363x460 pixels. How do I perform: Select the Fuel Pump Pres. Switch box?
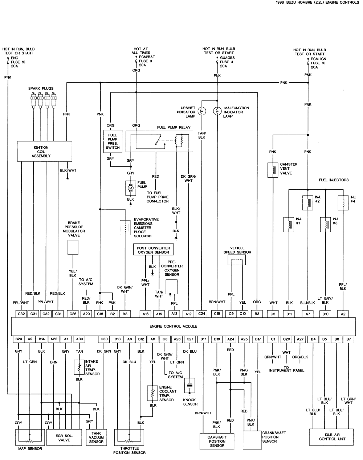tap(113, 141)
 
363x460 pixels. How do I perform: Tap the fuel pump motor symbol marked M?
tap(130, 188)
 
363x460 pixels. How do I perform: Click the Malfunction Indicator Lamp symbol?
tap(217, 111)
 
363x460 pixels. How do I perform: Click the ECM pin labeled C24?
tap(202, 313)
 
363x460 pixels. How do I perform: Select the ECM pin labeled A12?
tap(188, 313)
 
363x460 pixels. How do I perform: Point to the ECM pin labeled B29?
tap(19, 339)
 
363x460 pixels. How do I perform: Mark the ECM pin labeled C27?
tap(189, 339)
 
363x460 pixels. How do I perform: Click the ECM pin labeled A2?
tap(343, 313)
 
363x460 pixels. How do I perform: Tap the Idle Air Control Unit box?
tap(332, 437)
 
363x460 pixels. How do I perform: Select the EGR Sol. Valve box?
tap(64, 438)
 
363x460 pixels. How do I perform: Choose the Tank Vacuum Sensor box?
tap(96, 438)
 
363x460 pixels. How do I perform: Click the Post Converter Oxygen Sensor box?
tap(153, 250)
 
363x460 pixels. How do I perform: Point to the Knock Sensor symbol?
tap(189, 386)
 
